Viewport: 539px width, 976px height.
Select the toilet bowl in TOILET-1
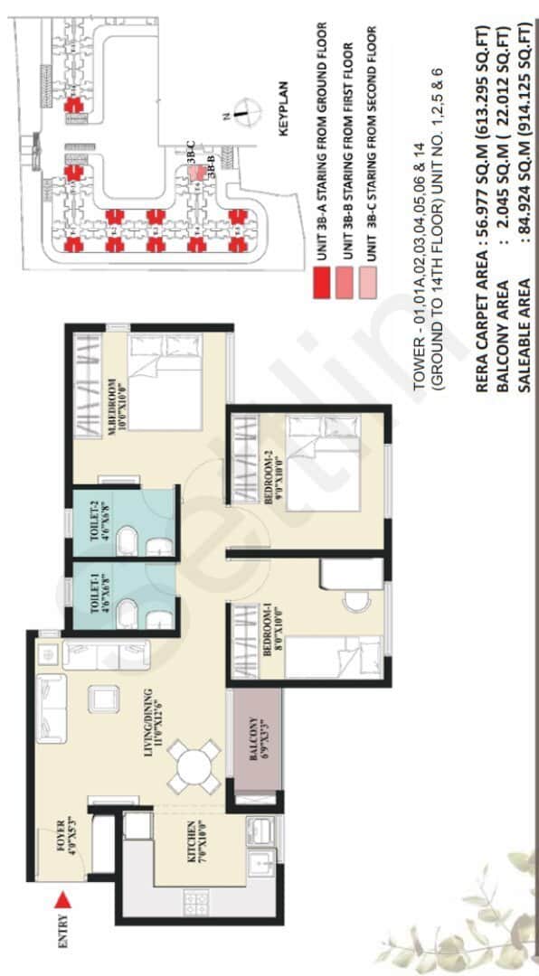coord(129,607)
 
